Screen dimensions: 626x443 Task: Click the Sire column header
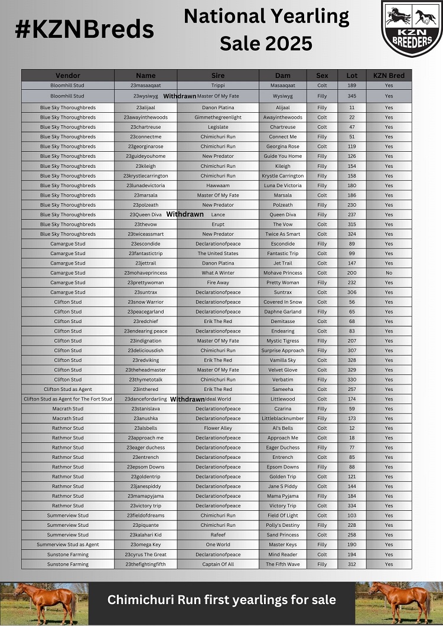[218, 76]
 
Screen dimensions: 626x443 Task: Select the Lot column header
[352, 76]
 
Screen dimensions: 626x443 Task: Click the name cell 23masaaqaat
[145, 86]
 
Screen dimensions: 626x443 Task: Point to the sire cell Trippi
[218, 86]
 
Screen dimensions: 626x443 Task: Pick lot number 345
[352, 96]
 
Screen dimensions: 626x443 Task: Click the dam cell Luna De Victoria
[282, 185]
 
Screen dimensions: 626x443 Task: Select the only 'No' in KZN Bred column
[389, 273]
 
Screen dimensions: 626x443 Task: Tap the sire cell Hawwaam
[218, 185]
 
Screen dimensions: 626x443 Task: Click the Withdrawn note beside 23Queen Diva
[185, 214]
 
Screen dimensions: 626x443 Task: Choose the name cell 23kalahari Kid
[145, 535]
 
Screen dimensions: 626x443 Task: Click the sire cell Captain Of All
[218, 564]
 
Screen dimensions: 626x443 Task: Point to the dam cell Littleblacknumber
[282, 418]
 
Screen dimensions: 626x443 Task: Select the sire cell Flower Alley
[218, 428]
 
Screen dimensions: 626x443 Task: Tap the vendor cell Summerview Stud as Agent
[68, 545]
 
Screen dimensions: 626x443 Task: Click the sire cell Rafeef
[218, 535]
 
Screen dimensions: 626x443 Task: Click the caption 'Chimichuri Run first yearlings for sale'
[221, 600]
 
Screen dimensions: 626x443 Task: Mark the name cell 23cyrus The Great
[145, 555]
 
